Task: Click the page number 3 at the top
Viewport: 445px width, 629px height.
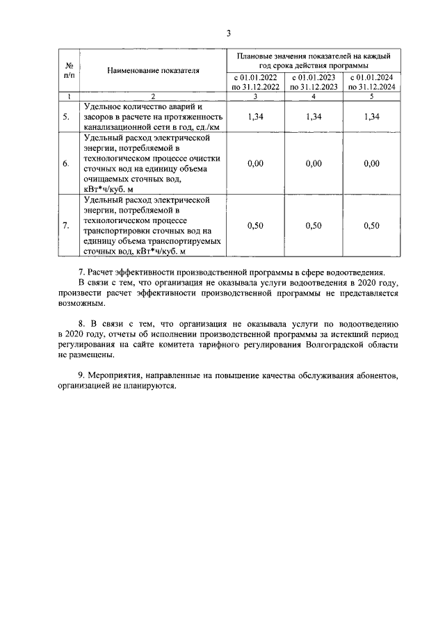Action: (x=227, y=33)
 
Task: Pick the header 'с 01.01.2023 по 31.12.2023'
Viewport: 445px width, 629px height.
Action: (x=314, y=82)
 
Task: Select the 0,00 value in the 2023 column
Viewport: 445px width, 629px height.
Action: (x=314, y=163)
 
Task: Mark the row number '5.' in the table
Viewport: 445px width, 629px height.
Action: (x=66, y=117)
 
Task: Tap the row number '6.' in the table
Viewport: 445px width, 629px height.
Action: (x=66, y=164)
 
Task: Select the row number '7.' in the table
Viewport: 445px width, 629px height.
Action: (x=66, y=226)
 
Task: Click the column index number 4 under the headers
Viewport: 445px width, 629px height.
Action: (x=314, y=95)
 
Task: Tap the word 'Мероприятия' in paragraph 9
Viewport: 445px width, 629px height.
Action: (x=117, y=376)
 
